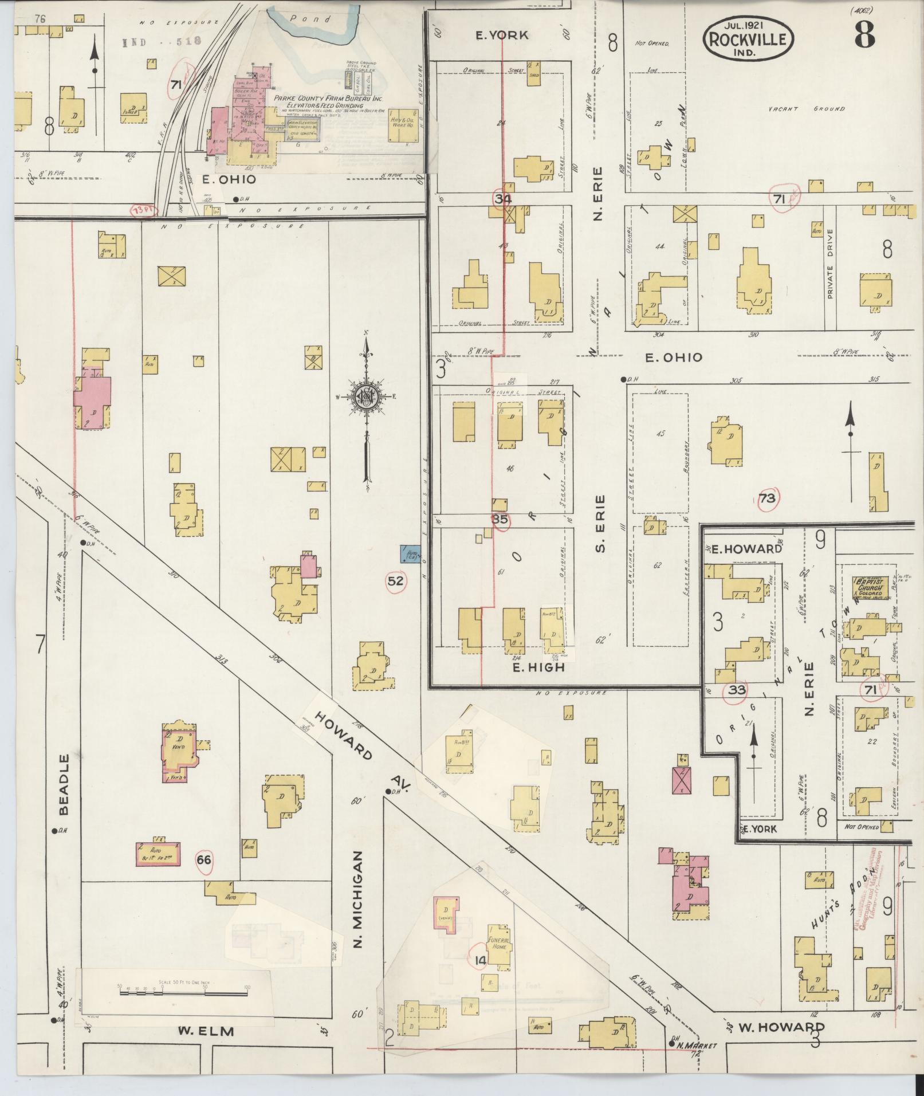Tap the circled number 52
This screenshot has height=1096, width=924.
(396, 581)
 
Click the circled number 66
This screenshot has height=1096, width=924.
(203, 860)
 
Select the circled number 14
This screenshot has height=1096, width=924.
(479, 960)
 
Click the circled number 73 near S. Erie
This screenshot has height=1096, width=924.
(766, 498)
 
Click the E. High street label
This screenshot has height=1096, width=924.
(538, 667)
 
